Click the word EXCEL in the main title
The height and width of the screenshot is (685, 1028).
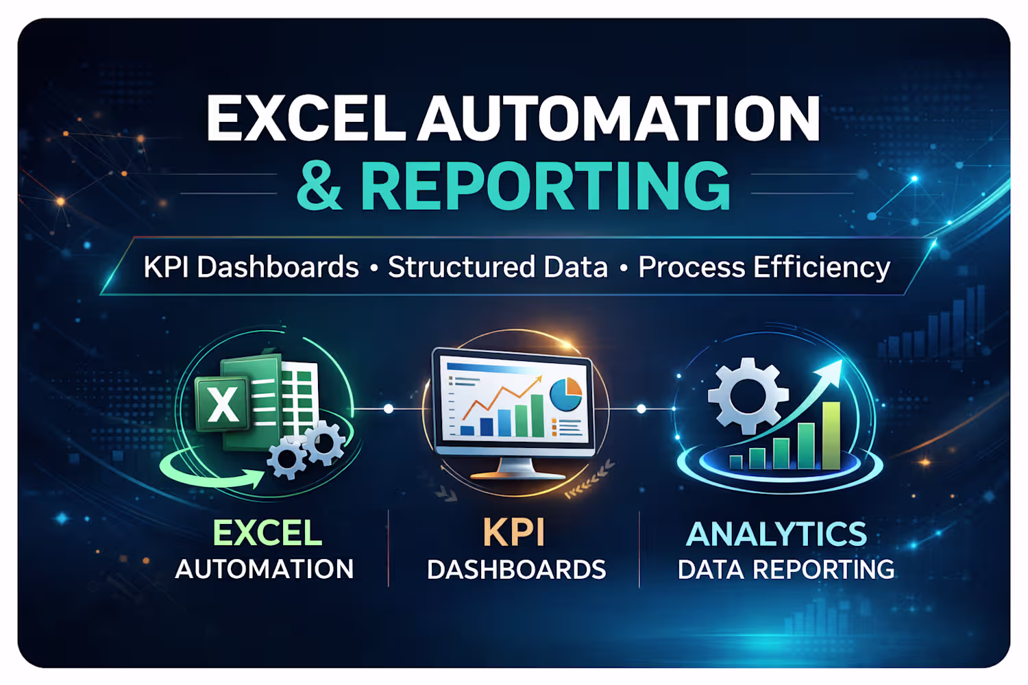tap(306, 118)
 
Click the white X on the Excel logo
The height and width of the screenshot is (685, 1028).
tap(223, 404)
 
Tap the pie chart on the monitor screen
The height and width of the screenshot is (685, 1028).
tap(565, 394)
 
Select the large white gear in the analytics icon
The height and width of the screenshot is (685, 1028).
tap(748, 396)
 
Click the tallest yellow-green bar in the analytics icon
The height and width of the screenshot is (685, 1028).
tap(831, 436)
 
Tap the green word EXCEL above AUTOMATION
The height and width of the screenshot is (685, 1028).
tap(267, 533)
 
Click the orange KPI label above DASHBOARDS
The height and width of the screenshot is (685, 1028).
tap(513, 532)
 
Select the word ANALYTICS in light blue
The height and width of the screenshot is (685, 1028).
tap(776, 534)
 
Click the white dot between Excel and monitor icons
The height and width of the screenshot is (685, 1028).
tap(389, 408)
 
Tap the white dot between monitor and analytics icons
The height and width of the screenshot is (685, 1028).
tap(641, 408)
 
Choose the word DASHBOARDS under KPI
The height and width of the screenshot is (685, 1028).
tap(516, 569)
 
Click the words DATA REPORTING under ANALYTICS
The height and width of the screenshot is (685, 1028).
tap(785, 569)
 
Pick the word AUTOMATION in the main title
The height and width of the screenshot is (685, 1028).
tap(618, 118)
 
